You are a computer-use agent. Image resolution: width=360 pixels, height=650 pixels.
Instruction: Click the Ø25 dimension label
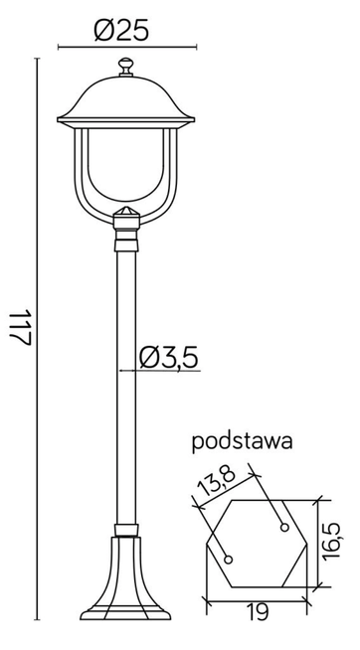point(124,31)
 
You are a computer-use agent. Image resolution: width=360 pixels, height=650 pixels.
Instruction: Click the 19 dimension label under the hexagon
point(256,614)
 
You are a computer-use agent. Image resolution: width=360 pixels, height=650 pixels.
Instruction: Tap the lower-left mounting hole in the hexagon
point(228,558)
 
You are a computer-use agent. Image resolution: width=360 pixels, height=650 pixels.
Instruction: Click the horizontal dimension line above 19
point(256,599)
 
